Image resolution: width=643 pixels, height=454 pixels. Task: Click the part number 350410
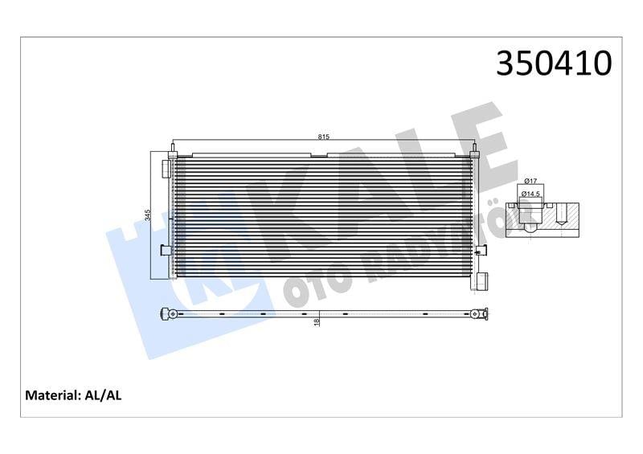554,63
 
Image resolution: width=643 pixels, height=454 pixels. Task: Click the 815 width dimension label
323,137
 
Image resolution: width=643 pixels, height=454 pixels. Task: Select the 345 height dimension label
148,215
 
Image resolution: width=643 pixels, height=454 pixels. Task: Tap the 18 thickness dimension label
318,321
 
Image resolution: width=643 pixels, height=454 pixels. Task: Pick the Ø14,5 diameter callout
531,194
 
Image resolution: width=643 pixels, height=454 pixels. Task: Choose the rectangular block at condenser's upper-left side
166,168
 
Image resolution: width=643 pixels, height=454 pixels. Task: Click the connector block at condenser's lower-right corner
483,281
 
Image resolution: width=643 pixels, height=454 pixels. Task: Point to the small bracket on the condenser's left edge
166,249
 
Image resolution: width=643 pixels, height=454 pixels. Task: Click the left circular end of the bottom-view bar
167,313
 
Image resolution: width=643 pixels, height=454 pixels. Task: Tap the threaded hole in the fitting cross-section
562,215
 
